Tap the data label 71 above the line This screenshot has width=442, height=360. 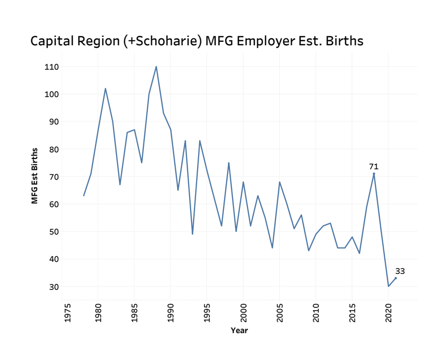(x=374, y=167)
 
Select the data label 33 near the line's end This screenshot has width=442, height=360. (x=400, y=271)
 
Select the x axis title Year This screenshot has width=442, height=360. (x=239, y=330)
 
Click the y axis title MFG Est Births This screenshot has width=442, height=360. (x=34, y=176)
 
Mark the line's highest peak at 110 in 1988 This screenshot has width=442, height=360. (x=156, y=67)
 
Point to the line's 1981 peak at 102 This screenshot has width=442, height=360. (x=106, y=89)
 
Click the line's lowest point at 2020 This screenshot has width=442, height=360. (x=388, y=286)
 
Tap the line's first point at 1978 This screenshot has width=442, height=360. (x=84, y=196)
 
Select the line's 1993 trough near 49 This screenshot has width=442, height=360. (x=193, y=234)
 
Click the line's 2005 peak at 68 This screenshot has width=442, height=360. (x=280, y=182)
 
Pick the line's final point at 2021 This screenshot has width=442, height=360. (x=396, y=278)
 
